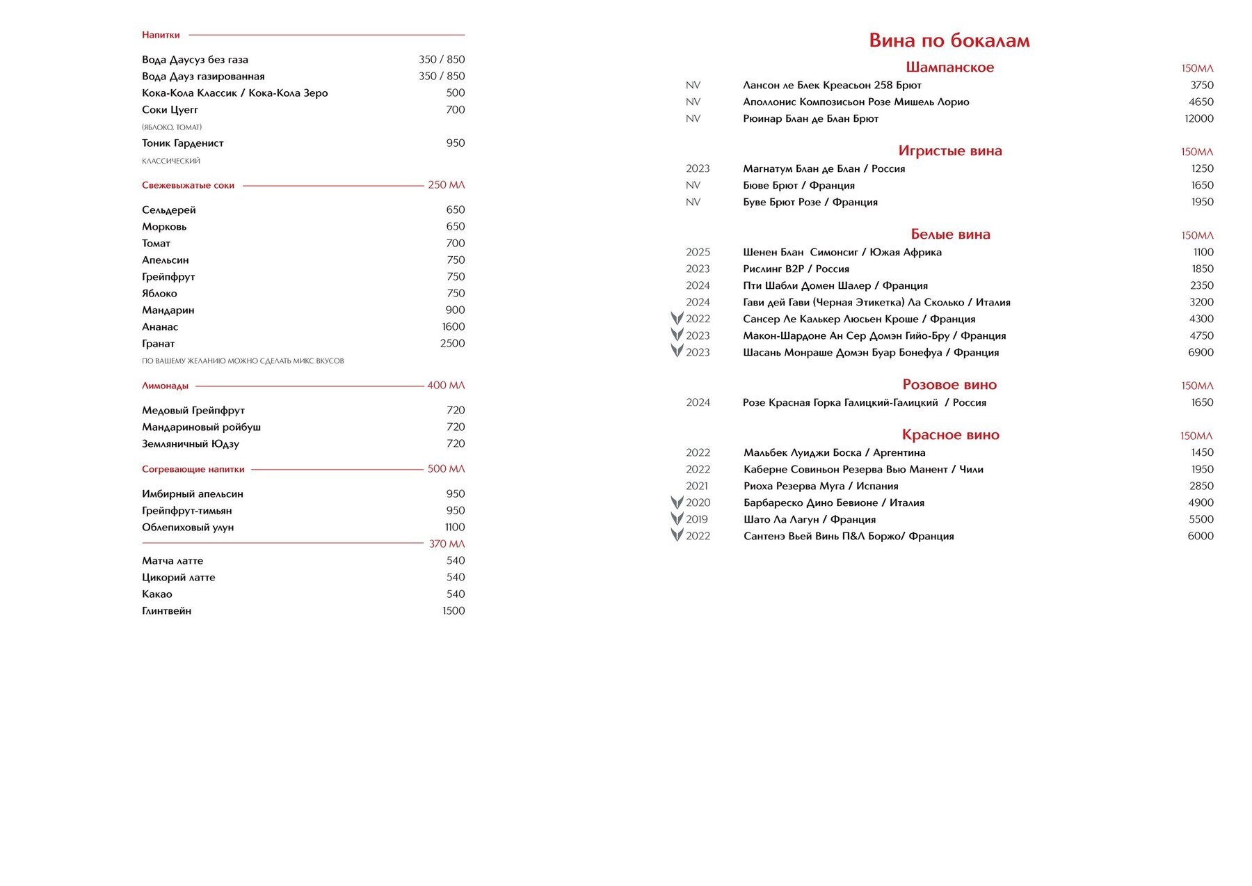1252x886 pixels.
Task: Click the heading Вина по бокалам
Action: click(x=949, y=40)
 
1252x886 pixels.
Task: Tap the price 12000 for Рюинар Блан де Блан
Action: click(x=1198, y=118)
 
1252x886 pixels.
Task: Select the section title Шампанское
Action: click(x=949, y=68)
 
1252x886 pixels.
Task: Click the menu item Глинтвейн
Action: click(x=166, y=610)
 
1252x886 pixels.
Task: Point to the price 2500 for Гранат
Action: click(x=452, y=343)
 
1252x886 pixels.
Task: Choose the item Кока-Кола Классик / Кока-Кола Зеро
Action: click(x=234, y=93)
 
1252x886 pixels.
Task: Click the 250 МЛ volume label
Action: click(x=446, y=185)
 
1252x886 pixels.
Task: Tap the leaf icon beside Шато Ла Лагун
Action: click(x=677, y=519)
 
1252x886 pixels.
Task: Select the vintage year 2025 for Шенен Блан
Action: click(x=698, y=252)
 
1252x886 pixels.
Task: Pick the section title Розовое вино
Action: click(x=949, y=385)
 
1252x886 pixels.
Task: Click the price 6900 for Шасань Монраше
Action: click(x=1201, y=352)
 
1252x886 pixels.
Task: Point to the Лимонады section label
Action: click(x=165, y=386)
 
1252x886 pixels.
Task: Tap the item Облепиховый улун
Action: click(x=188, y=527)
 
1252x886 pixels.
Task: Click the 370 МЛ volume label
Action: click(x=447, y=544)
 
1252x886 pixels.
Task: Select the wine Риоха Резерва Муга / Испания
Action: click(x=821, y=486)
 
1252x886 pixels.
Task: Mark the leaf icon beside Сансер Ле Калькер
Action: click(x=677, y=318)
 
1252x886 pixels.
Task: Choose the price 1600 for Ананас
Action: click(x=453, y=326)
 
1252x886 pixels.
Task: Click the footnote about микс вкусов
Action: click(x=243, y=361)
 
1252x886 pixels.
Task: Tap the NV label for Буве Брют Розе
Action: click(x=693, y=202)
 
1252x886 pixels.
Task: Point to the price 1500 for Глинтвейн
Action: click(x=454, y=610)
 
